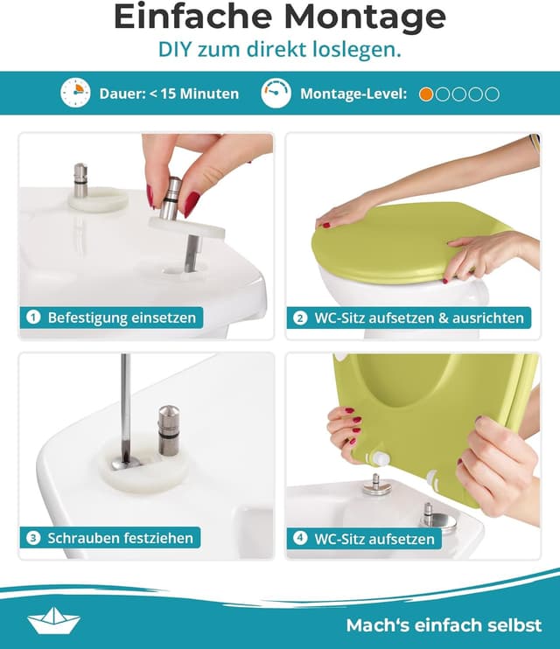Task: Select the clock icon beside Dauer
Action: pyautogui.click(x=75, y=94)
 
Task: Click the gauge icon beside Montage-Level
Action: pyautogui.click(x=276, y=94)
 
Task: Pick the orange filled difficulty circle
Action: pyautogui.click(x=426, y=94)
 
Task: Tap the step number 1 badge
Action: pyautogui.click(x=33, y=318)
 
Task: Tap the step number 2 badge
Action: pyautogui.click(x=300, y=318)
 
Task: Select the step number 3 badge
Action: pyautogui.click(x=33, y=538)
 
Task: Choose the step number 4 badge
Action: pyautogui.click(x=300, y=538)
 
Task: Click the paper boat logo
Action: pyautogui.click(x=54, y=620)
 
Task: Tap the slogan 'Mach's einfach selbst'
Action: pyautogui.click(x=444, y=625)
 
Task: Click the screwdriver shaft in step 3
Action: pyautogui.click(x=125, y=402)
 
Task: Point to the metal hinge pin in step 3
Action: pyautogui.click(x=169, y=429)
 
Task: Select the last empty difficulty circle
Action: pyautogui.click(x=493, y=94)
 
